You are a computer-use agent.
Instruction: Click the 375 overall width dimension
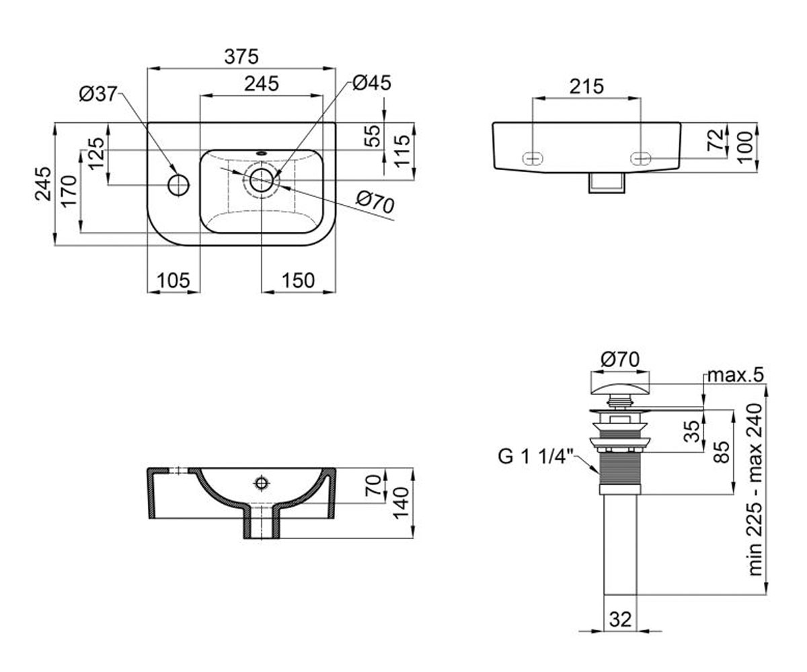point(241,56)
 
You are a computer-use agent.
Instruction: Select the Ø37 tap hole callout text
point(98,94)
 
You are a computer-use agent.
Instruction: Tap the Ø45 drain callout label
point(372,83)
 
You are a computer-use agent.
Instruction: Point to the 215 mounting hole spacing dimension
point(586,87)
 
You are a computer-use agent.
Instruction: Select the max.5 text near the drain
point(736,374)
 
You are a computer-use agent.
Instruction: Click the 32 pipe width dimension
point(620,620)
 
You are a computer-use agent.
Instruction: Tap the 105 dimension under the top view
point(174,280)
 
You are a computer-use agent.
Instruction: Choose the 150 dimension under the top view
point(298,280)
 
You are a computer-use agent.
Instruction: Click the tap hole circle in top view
point(179,185)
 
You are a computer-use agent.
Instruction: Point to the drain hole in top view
point(262,180)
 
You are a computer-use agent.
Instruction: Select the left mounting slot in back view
point(533,158)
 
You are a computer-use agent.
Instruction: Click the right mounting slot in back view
point(641,158)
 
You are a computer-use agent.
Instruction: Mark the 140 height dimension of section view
point(401,503)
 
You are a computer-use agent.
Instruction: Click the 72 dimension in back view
point(715,140)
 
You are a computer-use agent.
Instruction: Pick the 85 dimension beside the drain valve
point(721,452)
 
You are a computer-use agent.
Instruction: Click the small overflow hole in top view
point(262,153)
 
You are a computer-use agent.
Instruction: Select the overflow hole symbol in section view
point(262,482)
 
